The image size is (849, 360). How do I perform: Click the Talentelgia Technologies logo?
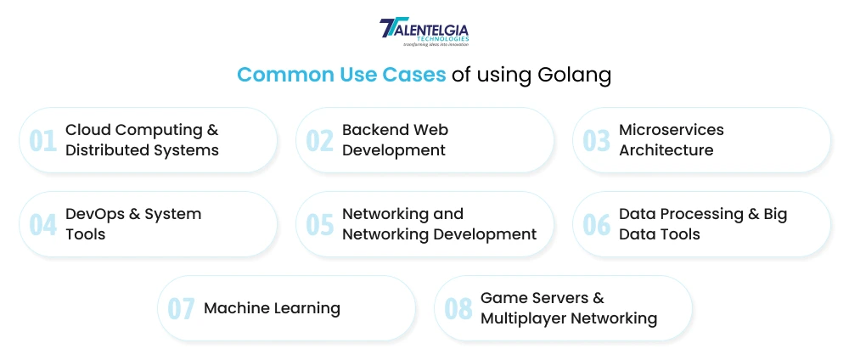(x=424, y=32)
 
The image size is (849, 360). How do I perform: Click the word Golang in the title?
(x=574, y=75)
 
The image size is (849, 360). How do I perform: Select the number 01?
(x=42, y=140)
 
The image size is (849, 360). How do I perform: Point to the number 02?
(x=319, y=140)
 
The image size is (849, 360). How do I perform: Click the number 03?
(x=596, y=140)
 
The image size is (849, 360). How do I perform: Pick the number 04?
(x=42, y=224)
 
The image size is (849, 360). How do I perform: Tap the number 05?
(x=319, y=224)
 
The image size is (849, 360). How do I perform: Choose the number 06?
(x=596, y=224)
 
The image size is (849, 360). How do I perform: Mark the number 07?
(x=181, y=308)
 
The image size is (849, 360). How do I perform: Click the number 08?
(x=458, y=308)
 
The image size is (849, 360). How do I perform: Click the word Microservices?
(x=672, y=130)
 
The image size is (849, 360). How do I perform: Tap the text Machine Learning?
(x=272, y=308)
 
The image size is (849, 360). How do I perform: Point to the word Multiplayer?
(x=522, y=319)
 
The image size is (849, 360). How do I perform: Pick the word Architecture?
(x=666, y=150)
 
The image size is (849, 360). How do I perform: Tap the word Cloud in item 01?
(x=87, y=130)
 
